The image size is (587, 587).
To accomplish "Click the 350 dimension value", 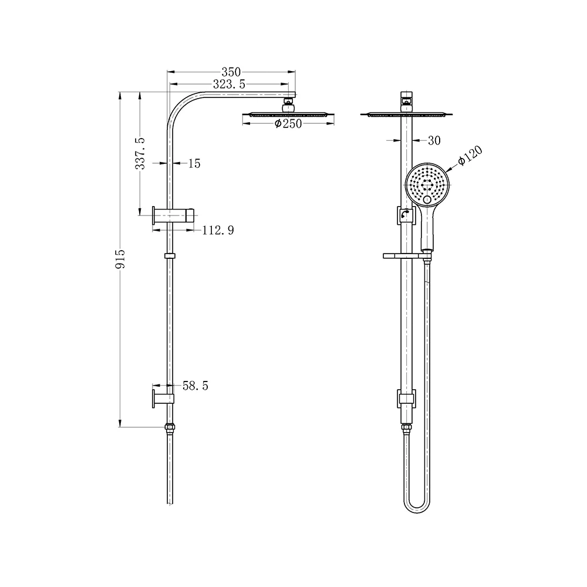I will click(x=231, y=72).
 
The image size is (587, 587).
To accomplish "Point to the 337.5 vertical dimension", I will click(x=140, y=153).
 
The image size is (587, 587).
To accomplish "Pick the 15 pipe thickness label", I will click(x=194, y=164).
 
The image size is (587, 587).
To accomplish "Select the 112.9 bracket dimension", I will click(x=218, y=231).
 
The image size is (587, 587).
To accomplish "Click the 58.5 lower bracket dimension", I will click(x=196, y=386).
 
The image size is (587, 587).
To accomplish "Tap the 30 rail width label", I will click(x=434, y=140).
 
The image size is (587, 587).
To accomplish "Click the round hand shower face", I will click(x=427, y=184).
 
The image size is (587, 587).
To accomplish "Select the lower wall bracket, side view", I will click(x=164, y=398).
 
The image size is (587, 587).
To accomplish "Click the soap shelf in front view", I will click(x=402, y=256).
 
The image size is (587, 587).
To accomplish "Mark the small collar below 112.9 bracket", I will click(x=170, y=256).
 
